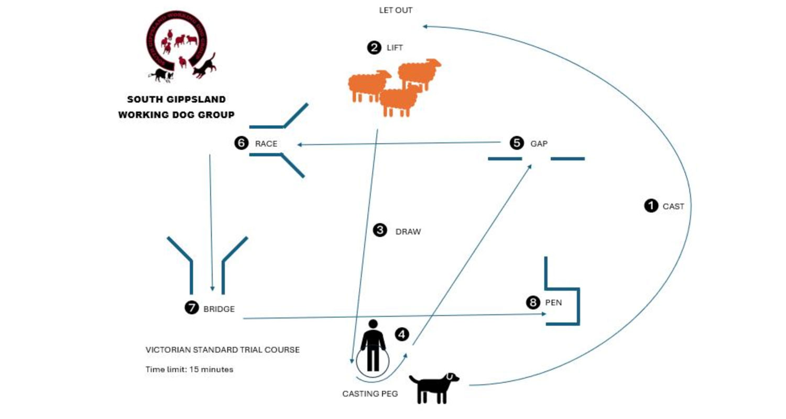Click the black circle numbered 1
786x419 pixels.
pyautogui.click(x=651, y=206)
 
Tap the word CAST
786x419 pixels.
pyautogui.click(x=673, y=207)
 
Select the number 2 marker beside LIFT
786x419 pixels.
pyautogui.click(x=374, y=48)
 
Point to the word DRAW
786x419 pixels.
pyautogui.click(x=408, y=231)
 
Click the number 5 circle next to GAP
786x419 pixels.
pyautogui.click(x=517, y=142)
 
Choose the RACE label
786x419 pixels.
pyautogui.click(x=266, y=143)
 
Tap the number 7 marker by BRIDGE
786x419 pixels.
pyautogui.click(x=192, y=308)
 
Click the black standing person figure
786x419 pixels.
pyautogui.click(x=373, y=346)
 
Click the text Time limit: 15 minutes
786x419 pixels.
pyautogui.click(x=189, y=369)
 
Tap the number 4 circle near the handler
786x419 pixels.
pyautogui.click(x=402, y=334)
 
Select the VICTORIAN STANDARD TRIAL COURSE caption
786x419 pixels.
pyautogui.click(x=223, y=350)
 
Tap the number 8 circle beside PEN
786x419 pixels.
pyautogui.click(x=533, y=302)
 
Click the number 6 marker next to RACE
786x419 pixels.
pyautogui.click(x=242, y=143)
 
